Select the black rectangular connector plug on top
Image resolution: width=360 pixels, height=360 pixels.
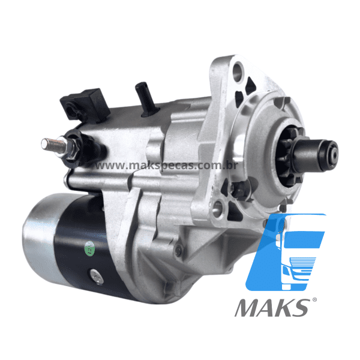[x=85, y=105]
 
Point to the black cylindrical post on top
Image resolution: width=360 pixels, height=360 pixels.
[x=146, y=99]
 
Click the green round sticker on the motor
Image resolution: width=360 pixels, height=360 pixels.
[x=90, y=248]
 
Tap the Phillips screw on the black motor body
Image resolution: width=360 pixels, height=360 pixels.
[x=97, y=277]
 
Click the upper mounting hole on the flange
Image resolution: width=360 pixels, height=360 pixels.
[x=238, y=71]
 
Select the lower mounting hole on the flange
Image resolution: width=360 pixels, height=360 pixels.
[x=218, y=209]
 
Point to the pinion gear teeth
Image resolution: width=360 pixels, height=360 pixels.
[x=290, y=156]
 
